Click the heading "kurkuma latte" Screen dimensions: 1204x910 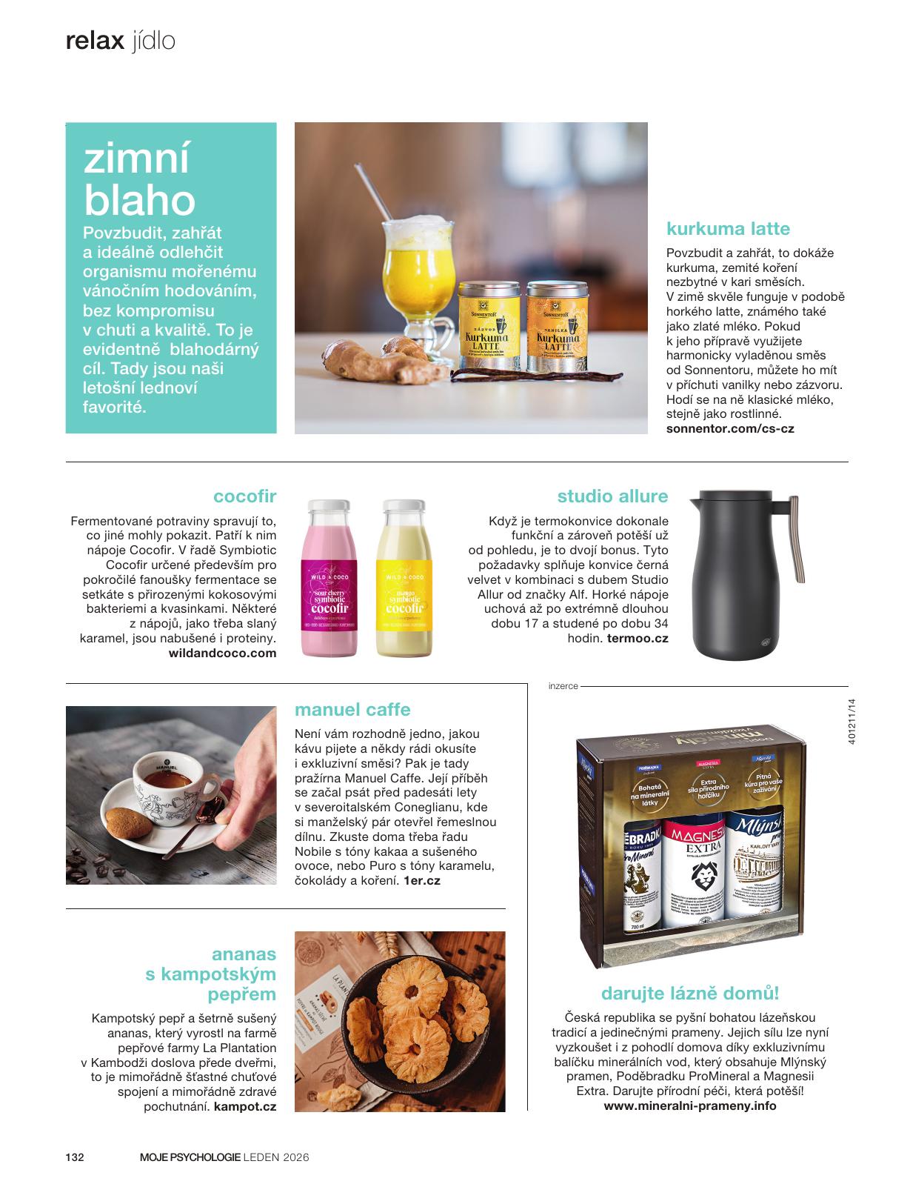(x=728, y=228)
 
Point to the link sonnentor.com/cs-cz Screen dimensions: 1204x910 (x=730, y=428)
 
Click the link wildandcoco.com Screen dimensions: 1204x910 (x=222, y=653)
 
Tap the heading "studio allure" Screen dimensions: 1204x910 (x=612, y=496)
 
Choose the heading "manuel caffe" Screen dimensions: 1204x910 (x=352, y=709)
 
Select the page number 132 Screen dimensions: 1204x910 (x=75, y=1157)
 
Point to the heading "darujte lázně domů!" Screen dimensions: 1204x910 (x=689, y=993)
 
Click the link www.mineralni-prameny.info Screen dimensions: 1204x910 (x=690, y=1105)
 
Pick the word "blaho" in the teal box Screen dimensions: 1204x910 (x=140, y=200)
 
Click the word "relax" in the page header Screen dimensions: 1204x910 (x=95, y=41)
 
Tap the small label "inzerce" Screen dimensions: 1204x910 (x=563, y=686)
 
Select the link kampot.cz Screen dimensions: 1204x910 (x=244, y=1106)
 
